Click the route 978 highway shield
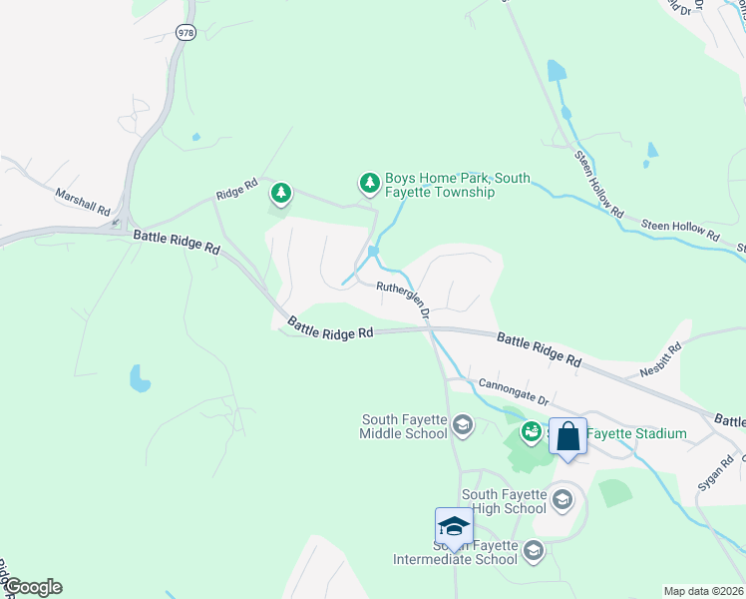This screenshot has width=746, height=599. click(x=186, y=32)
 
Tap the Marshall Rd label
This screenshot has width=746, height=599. click(x=83, y=201)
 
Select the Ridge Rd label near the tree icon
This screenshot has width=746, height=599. click(x=238, y=190)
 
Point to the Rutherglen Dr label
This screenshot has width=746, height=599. click(x=403, y=299)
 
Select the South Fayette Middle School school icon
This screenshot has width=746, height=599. click(x=462, y=426)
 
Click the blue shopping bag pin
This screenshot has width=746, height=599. click(x=567, y=437)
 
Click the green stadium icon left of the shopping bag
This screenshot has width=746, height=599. click(x=531, y=431)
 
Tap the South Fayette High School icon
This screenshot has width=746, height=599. click(x=561, y=499)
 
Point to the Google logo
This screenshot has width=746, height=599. click(x=33, y=587)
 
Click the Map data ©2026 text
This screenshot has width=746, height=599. click(x=703, y=591)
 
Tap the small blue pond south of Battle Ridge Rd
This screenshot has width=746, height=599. click(x=140, y=378)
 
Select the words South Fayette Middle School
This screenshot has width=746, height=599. click(x=404, y=426)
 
